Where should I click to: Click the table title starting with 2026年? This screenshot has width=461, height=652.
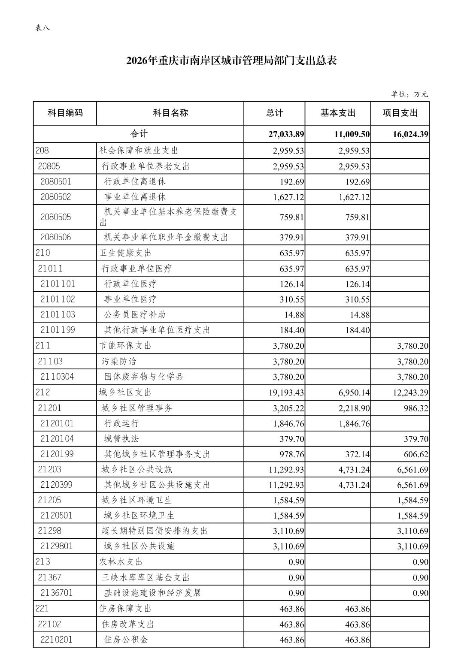point(231,61)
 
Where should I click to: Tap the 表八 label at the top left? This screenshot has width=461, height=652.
point(42,28)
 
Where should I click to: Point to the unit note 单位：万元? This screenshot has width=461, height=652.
point(409,94)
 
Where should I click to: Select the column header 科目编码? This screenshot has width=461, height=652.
point(65,113)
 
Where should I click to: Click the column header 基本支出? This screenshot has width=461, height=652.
point(338,113)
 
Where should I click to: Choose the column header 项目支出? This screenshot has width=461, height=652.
point(400,113)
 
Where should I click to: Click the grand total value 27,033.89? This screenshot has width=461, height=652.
point(286,134)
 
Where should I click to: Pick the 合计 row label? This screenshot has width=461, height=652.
point(139,134)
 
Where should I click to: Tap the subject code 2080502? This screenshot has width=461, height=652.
point(56,197)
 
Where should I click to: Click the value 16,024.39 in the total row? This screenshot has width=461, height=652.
point(410,134)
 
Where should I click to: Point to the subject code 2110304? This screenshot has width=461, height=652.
point(57,377)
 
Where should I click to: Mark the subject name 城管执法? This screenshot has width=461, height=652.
point(121,438)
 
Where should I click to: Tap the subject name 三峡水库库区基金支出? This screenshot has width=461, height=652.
point(146,577)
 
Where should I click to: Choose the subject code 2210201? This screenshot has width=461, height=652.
point(57,640)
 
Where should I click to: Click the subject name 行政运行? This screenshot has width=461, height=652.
point(121,423)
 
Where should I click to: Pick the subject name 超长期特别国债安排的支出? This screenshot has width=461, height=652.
point(155,531)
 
